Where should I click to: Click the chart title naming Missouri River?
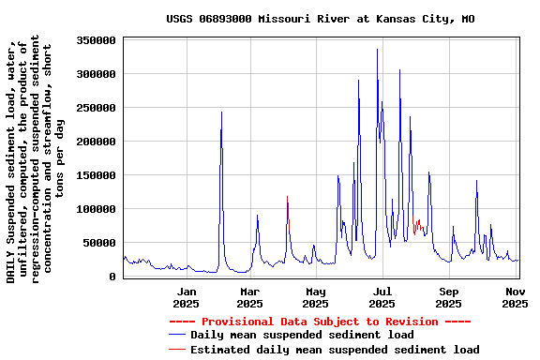320,18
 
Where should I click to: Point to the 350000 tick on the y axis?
97,40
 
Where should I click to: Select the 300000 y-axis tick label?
97,74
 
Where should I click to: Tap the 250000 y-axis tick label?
97,108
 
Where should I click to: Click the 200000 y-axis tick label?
97,142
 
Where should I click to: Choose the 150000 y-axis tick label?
97,175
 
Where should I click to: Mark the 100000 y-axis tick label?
97,209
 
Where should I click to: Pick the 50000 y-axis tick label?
99,243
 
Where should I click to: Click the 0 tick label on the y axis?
112,277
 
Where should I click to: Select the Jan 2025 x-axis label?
186,297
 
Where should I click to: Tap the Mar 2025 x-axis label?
249,297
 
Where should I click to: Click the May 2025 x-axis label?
315,297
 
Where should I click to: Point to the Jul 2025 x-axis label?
382,297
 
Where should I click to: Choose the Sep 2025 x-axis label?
448,297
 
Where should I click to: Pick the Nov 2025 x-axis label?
515,297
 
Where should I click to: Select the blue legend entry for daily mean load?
301,335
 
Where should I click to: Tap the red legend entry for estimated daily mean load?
334,350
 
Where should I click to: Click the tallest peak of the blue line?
377,50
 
